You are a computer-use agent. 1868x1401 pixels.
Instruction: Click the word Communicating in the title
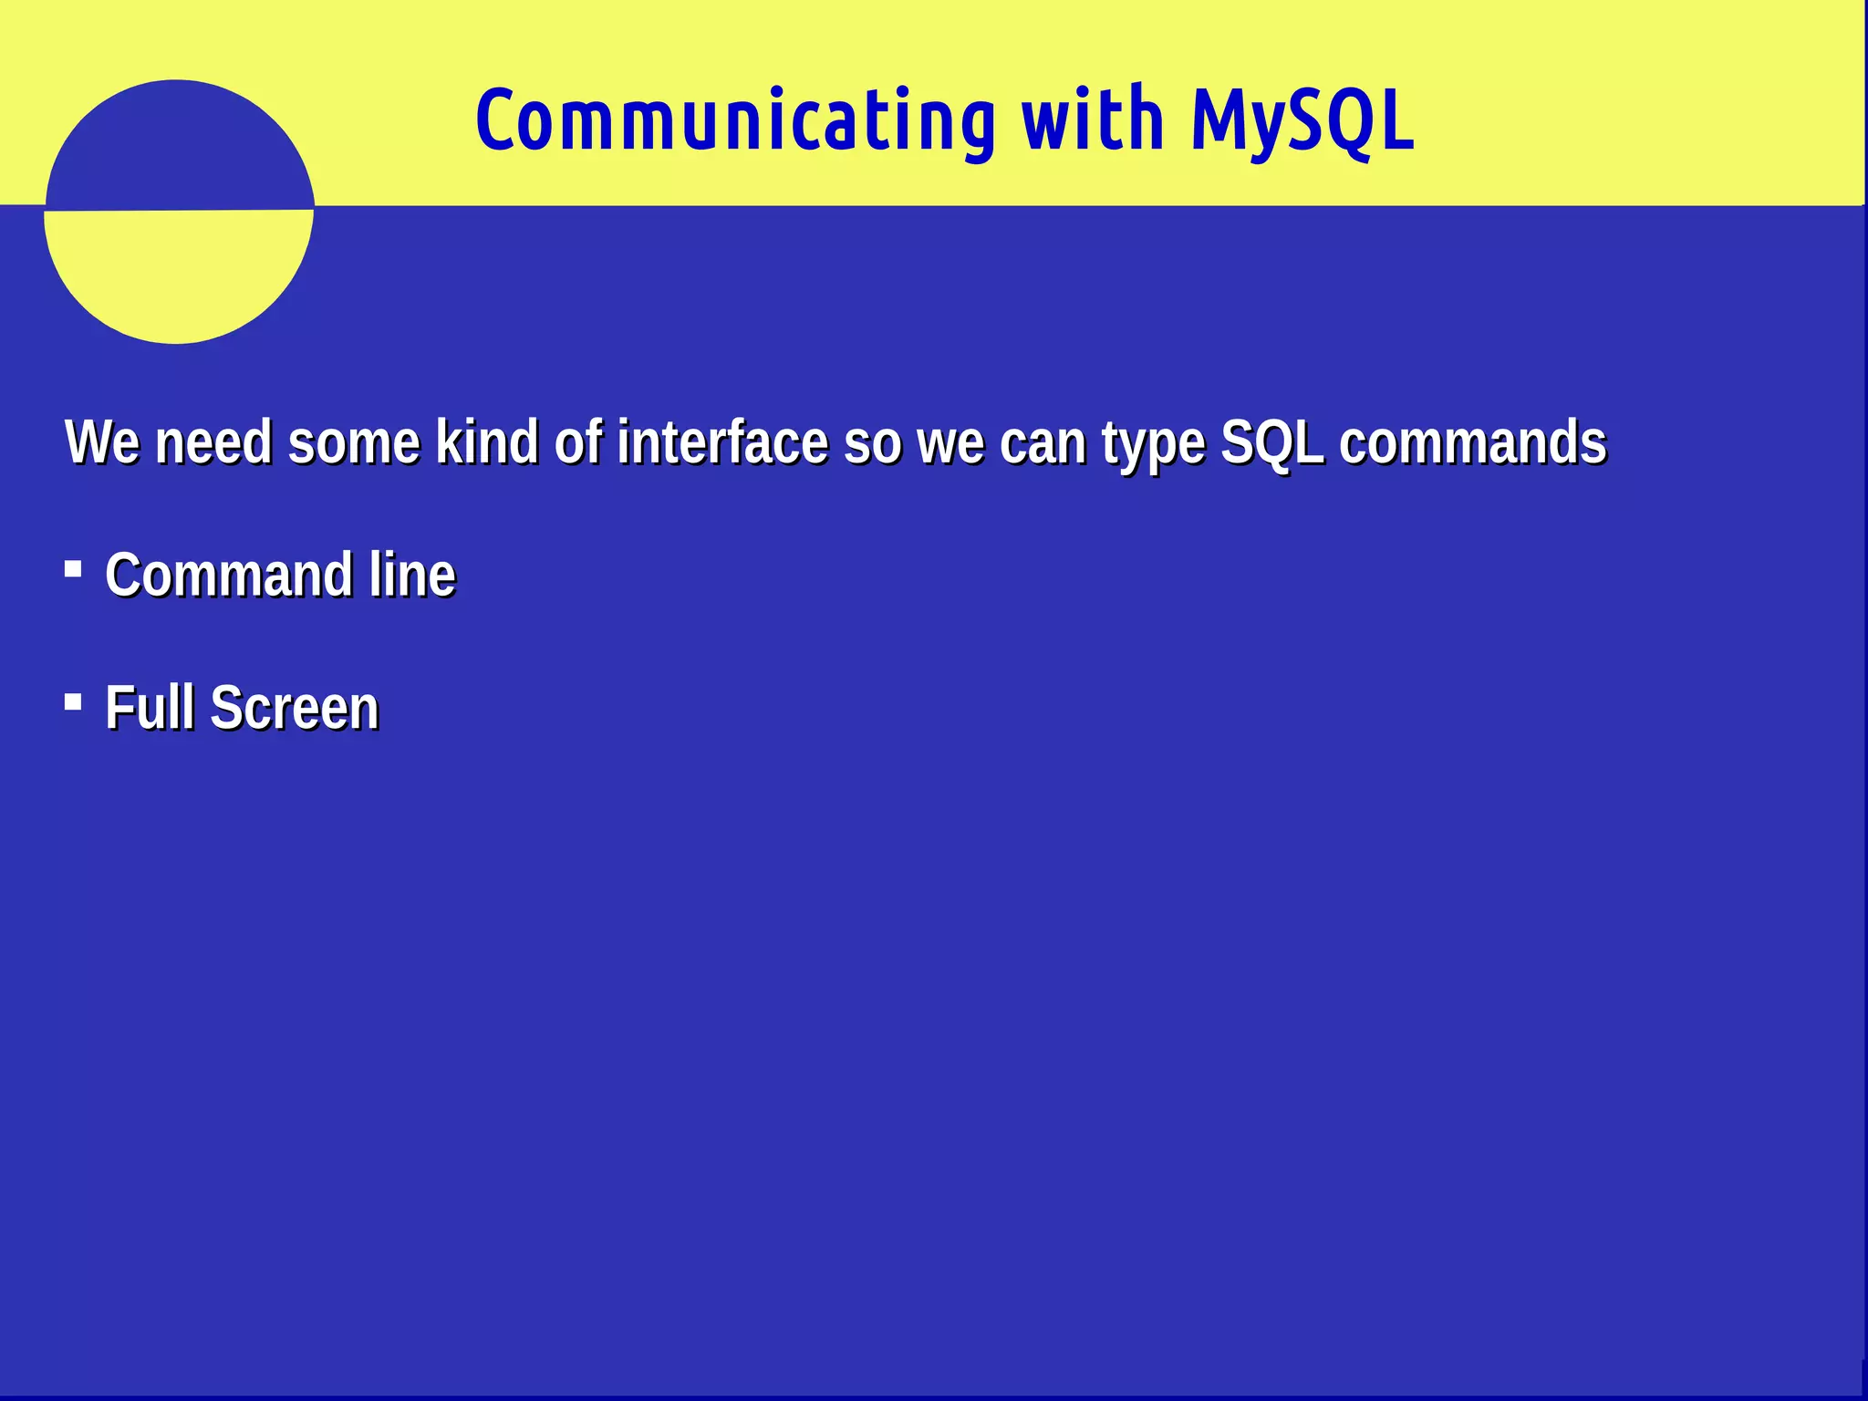pos(735,121)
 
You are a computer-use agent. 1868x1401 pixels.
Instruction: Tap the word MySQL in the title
pos(1302,121)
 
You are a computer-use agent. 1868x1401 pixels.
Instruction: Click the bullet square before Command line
pos(74,570)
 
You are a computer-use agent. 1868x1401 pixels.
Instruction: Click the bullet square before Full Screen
pos(74,702)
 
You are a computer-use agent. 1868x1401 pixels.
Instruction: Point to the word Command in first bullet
pos(229,576)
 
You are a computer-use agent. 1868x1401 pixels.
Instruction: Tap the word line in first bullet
pos(412,576)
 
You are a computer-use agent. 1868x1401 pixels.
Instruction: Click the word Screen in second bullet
pos(295,708)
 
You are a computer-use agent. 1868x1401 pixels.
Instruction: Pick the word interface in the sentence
pos(722,442)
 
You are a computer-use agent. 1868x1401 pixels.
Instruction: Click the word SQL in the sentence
pos(1271,442)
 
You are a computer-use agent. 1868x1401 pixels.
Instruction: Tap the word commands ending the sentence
pos(1472,442)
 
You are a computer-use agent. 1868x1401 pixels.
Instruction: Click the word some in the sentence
pos(354,444)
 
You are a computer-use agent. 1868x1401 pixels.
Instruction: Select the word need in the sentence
pos(213,442)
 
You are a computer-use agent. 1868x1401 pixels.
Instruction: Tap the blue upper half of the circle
pos(179,146)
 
